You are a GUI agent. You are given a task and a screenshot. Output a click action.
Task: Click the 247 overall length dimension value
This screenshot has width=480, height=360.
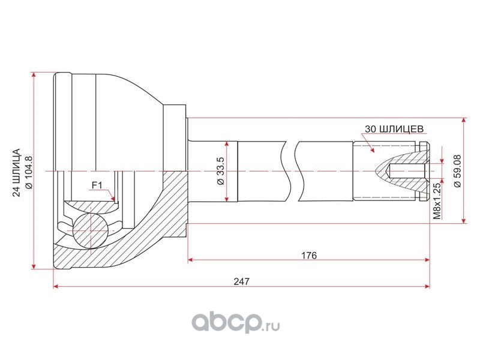pos(242,281)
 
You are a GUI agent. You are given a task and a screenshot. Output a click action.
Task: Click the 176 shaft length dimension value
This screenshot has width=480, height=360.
pos(308,256)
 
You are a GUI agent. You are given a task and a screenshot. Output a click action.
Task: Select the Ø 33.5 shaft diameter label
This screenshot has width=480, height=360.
pos(220,171)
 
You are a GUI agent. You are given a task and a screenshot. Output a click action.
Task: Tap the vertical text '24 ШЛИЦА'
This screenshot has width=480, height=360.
pos(17,172)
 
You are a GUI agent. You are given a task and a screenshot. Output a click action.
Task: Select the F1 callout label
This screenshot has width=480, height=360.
pos(97,185)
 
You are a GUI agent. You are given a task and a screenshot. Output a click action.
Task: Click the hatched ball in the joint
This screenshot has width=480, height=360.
pos(91,230)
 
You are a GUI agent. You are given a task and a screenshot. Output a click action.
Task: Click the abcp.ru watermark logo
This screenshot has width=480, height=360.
pos(236,323)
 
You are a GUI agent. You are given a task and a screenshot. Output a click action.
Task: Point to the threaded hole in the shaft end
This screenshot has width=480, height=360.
pos(407,171)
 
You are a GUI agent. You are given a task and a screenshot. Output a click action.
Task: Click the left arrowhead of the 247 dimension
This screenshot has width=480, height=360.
pos(56,287)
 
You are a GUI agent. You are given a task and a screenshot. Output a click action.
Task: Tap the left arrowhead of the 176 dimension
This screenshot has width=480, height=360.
pos(190,260)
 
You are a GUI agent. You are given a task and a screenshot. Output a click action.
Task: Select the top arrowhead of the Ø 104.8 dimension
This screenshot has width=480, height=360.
pos(34,76)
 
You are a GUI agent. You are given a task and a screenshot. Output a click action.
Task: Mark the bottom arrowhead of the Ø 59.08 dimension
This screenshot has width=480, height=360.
pos(464,220)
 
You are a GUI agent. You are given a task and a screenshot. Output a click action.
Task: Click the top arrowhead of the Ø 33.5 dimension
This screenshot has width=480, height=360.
pos(227,144)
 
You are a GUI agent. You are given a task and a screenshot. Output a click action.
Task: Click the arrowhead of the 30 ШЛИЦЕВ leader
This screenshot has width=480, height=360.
pos(372,149)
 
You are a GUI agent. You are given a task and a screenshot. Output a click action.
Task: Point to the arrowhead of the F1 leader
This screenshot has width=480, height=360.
pos(113,199)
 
